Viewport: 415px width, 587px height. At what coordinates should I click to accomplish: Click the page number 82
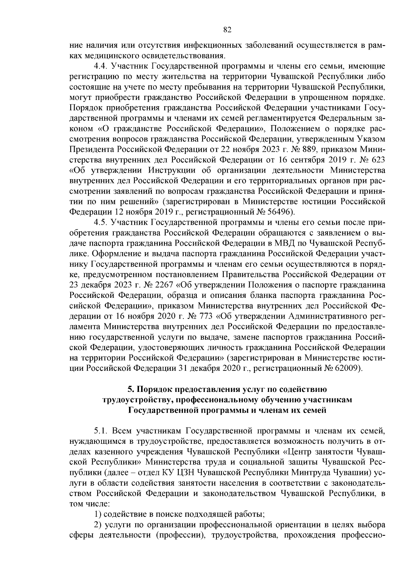click(227, 30)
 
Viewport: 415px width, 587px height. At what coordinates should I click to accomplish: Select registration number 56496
click(279, 211)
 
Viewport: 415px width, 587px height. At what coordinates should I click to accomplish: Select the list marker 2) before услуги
click(98, 524)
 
